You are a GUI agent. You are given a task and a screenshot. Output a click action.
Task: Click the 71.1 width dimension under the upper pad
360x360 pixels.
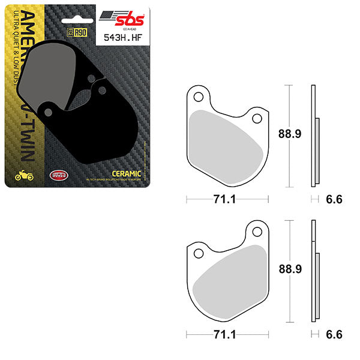[227, 200]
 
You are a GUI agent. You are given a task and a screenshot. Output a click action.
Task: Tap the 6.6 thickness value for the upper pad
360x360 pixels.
[334, 200]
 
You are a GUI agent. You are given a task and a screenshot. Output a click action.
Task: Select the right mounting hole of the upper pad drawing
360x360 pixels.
[257, 118]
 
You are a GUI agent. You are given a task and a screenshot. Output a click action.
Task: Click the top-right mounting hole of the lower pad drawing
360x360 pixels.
[257, 231]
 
